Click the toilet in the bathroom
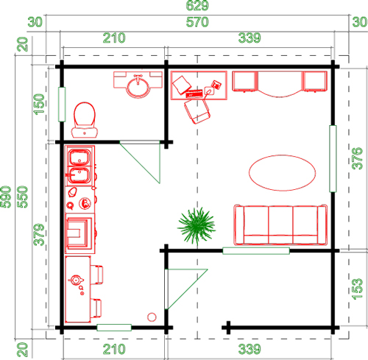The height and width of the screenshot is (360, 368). pyautogui.click(x=85, y=120)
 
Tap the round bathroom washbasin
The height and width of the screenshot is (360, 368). pyautogui.click(x=138, y=86)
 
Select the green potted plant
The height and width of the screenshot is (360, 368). pyautogui.click(x=197, y=226)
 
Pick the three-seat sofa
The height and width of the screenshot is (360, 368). pyautogui.click(x=280, y=225)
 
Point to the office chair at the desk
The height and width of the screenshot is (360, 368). pyautogui.click(x=197, y=111)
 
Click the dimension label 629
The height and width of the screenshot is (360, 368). pyautogui.click(x=197, y=5)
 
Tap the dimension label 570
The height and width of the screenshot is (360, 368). pyautogui.click(x=197, y=22)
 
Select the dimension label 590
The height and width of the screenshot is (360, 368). pyautogui.click(x=6, y=197)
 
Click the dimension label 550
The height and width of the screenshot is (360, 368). pyautogui.click(x=23, y=197)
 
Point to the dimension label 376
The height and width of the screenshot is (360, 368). pyautogui.click(x=357, y=158)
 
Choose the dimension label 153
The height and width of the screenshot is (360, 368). pyautogui.click(x=357, y=289)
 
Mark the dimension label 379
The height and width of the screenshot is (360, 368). pyautogui.click(x=39, y=235)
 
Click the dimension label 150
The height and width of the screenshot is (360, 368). pyautogui.click(x=39, y=105)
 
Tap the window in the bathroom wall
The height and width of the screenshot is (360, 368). pyautogui.click(x=62, y=105)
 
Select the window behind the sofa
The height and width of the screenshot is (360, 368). pyautogui.click(x=256, y=251)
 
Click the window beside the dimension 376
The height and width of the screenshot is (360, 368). pyautogui.click(x=333, y=158)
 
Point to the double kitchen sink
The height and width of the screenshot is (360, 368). pyautogui.click(x=79, y=166)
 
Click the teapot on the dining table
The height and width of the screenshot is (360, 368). pyautogui.click(x=76, y=280)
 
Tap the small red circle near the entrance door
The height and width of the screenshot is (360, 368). pyautogui.click(x=152, y=317)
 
